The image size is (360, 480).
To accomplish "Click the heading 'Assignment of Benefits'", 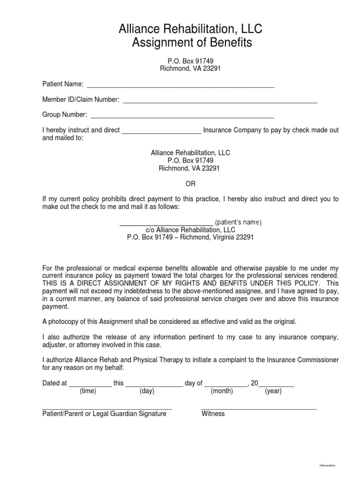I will (x=192, y=43).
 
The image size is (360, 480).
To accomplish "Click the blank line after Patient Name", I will (x=180, y=85).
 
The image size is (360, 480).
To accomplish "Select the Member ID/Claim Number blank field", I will (x=219, y=100).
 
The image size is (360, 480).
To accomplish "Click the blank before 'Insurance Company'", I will (x=161, y=131).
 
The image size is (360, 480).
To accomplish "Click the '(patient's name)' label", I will (x=238, y=222).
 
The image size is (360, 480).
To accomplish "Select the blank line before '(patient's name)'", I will (x=166, y=223).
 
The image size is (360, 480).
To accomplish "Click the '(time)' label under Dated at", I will (x=88, y=391).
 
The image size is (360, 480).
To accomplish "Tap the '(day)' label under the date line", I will (x=147, y=391).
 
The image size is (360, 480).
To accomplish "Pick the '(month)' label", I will (x=222, y=391).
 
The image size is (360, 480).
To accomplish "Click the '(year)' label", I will (x=273, y=391).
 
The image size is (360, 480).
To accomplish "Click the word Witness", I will (x=213, y=413).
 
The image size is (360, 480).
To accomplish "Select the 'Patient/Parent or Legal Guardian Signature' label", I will (x=104, y=413).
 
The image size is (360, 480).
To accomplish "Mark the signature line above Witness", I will (x=259, y=408).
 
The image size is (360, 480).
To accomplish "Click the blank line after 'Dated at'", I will (x=90, y=384).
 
